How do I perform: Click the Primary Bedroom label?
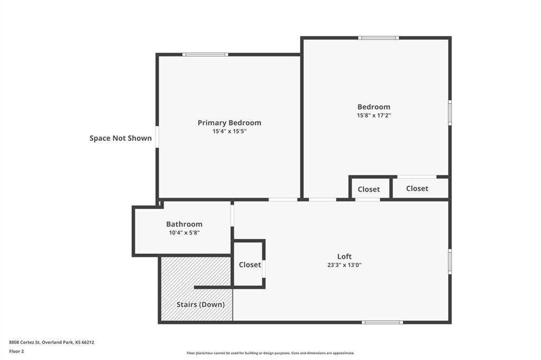pyautogui.click(x=229, y=122)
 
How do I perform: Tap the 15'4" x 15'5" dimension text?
pyautogui.click(x=229, y=131)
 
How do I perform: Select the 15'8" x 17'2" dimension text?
pyautogui.click(x=374, y=116)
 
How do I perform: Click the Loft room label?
pyautogui.click(x=344, y=256)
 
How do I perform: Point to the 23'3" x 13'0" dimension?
pyautogui.click(x=344, y=265)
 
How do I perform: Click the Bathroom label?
pyautogui.click(x=184, y=224)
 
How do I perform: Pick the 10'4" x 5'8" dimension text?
pyautogui.click(x=184, y=233)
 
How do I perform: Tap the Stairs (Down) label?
pyautogui.click(x=200, y=305)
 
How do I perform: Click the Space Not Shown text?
pyautogui.click(x=120, y=138)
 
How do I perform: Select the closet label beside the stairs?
pyautogui.click(x=250, y=264)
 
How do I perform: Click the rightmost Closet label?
pyautogui.click(x=417, y=188)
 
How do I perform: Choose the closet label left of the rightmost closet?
pyautogui.click(x=368, y=190)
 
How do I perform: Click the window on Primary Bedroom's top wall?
pyautogui.click(x=206, y=54)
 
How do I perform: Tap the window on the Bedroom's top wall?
pyautogui.click(x=378, y=38)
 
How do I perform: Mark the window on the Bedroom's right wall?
pyautogui.click(x=450, y=113)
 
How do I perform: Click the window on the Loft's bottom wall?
pyautogui.click(x=383, y=323)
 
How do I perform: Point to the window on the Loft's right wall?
pyautogui.click(x=450, y=262)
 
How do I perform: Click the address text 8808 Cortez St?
pyautogui.click(x=25, y=343)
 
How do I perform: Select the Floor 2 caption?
pyautogui.click(x=16, y=352)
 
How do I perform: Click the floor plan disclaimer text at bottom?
pyautogui.click(x=270, y=353)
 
